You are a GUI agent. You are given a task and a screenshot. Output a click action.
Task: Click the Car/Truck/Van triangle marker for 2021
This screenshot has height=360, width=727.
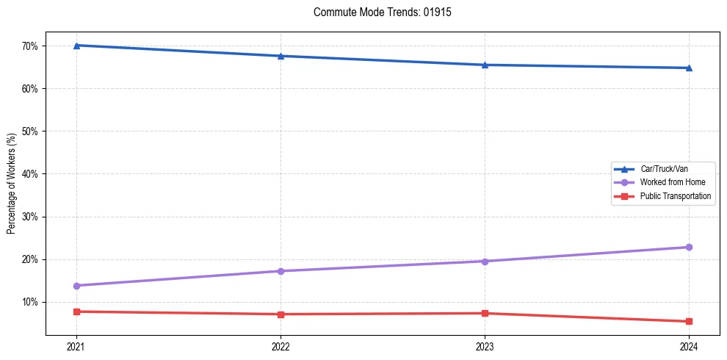pos(76,46)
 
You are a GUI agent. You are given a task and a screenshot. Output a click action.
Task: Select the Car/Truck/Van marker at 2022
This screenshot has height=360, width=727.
pos(281,56)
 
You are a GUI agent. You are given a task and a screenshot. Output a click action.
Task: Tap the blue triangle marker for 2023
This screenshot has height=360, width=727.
pos(485,65)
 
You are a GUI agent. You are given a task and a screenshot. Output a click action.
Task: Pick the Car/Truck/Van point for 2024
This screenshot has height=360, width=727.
pos(689,68)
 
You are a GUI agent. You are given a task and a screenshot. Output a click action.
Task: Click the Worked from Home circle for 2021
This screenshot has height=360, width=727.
pos(76,286)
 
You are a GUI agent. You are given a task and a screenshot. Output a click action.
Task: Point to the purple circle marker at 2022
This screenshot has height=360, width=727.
pos(281,271)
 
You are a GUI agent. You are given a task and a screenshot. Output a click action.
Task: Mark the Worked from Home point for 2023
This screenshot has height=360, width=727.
pos(485,262)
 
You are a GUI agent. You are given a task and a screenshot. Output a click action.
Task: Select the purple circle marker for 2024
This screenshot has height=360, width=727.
pos(689,247)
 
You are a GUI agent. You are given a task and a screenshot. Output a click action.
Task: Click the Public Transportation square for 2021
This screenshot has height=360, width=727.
pos(76,312)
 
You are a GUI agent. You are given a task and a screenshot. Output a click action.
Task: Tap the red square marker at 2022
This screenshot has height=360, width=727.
pos(281,314)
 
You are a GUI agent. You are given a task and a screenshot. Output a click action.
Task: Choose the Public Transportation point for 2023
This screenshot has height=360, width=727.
pos(485,313)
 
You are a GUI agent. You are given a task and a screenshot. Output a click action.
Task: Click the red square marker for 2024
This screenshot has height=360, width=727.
pos(689,321)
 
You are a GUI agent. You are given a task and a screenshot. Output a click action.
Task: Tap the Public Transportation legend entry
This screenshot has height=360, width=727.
pos(675,196)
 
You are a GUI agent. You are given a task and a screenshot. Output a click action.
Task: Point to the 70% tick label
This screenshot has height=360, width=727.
pos(31,46)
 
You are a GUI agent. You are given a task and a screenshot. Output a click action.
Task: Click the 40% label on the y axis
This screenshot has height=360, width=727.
pos(31,174)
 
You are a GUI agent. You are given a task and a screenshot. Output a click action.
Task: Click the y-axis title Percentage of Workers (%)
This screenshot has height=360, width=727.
pos(12,184)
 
